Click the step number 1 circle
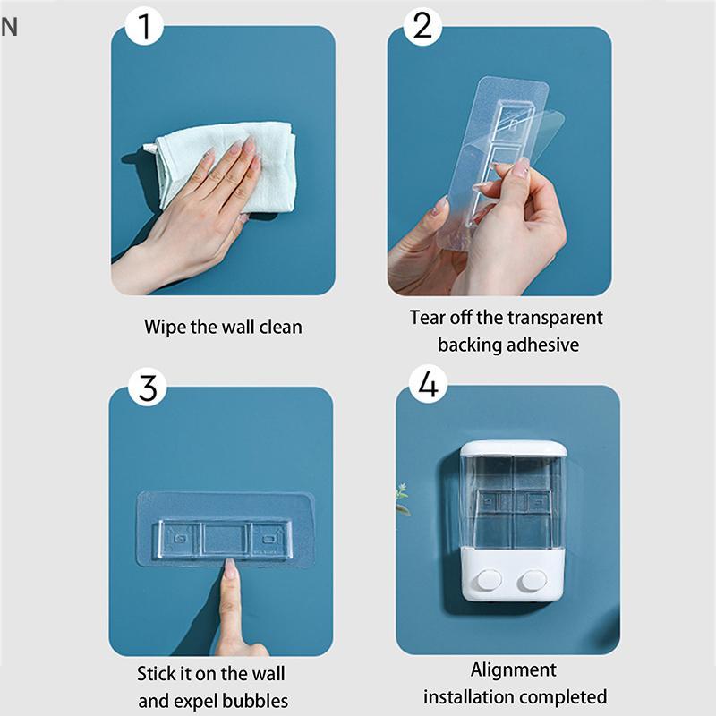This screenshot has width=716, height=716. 144,26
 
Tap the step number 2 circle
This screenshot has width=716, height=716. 422,26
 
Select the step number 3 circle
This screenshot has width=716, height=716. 147,388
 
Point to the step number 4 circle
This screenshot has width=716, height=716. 428,384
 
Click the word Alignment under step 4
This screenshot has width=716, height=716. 513,669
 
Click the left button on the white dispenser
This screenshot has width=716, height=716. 489,580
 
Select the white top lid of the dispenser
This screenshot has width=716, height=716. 513,449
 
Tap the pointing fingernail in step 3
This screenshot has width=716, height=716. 230,568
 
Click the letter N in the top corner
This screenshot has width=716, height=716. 9,27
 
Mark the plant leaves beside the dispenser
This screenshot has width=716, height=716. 402,499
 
